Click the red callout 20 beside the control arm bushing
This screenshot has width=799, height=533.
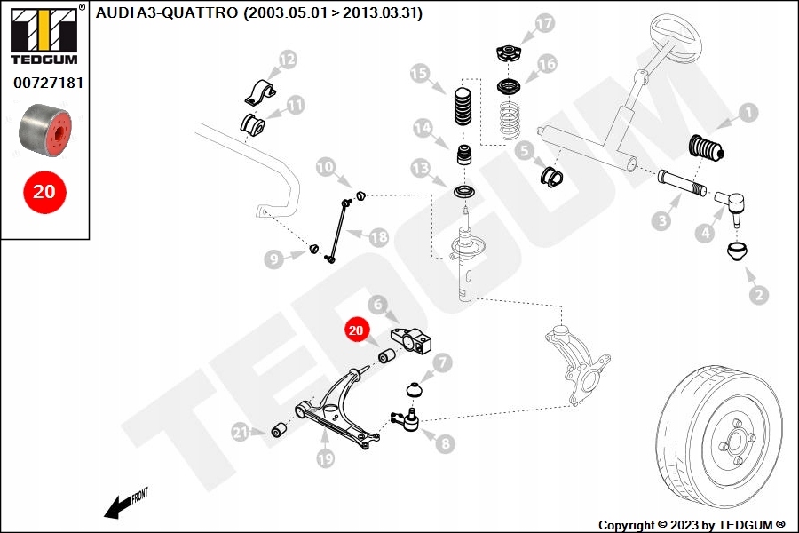[x=356, y=330]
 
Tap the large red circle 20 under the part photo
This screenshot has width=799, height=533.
[x=44, y=191]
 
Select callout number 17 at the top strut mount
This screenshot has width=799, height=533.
[x=543, y=23]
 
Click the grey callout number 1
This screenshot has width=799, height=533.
[x=748, y=113]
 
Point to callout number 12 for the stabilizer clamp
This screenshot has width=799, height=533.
[x=287, y=60]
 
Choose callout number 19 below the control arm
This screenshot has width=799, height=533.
[x=325, y=459]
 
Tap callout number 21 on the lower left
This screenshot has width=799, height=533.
[x=240, y=433]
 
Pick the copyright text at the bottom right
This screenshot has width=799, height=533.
[x=692, y=525]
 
